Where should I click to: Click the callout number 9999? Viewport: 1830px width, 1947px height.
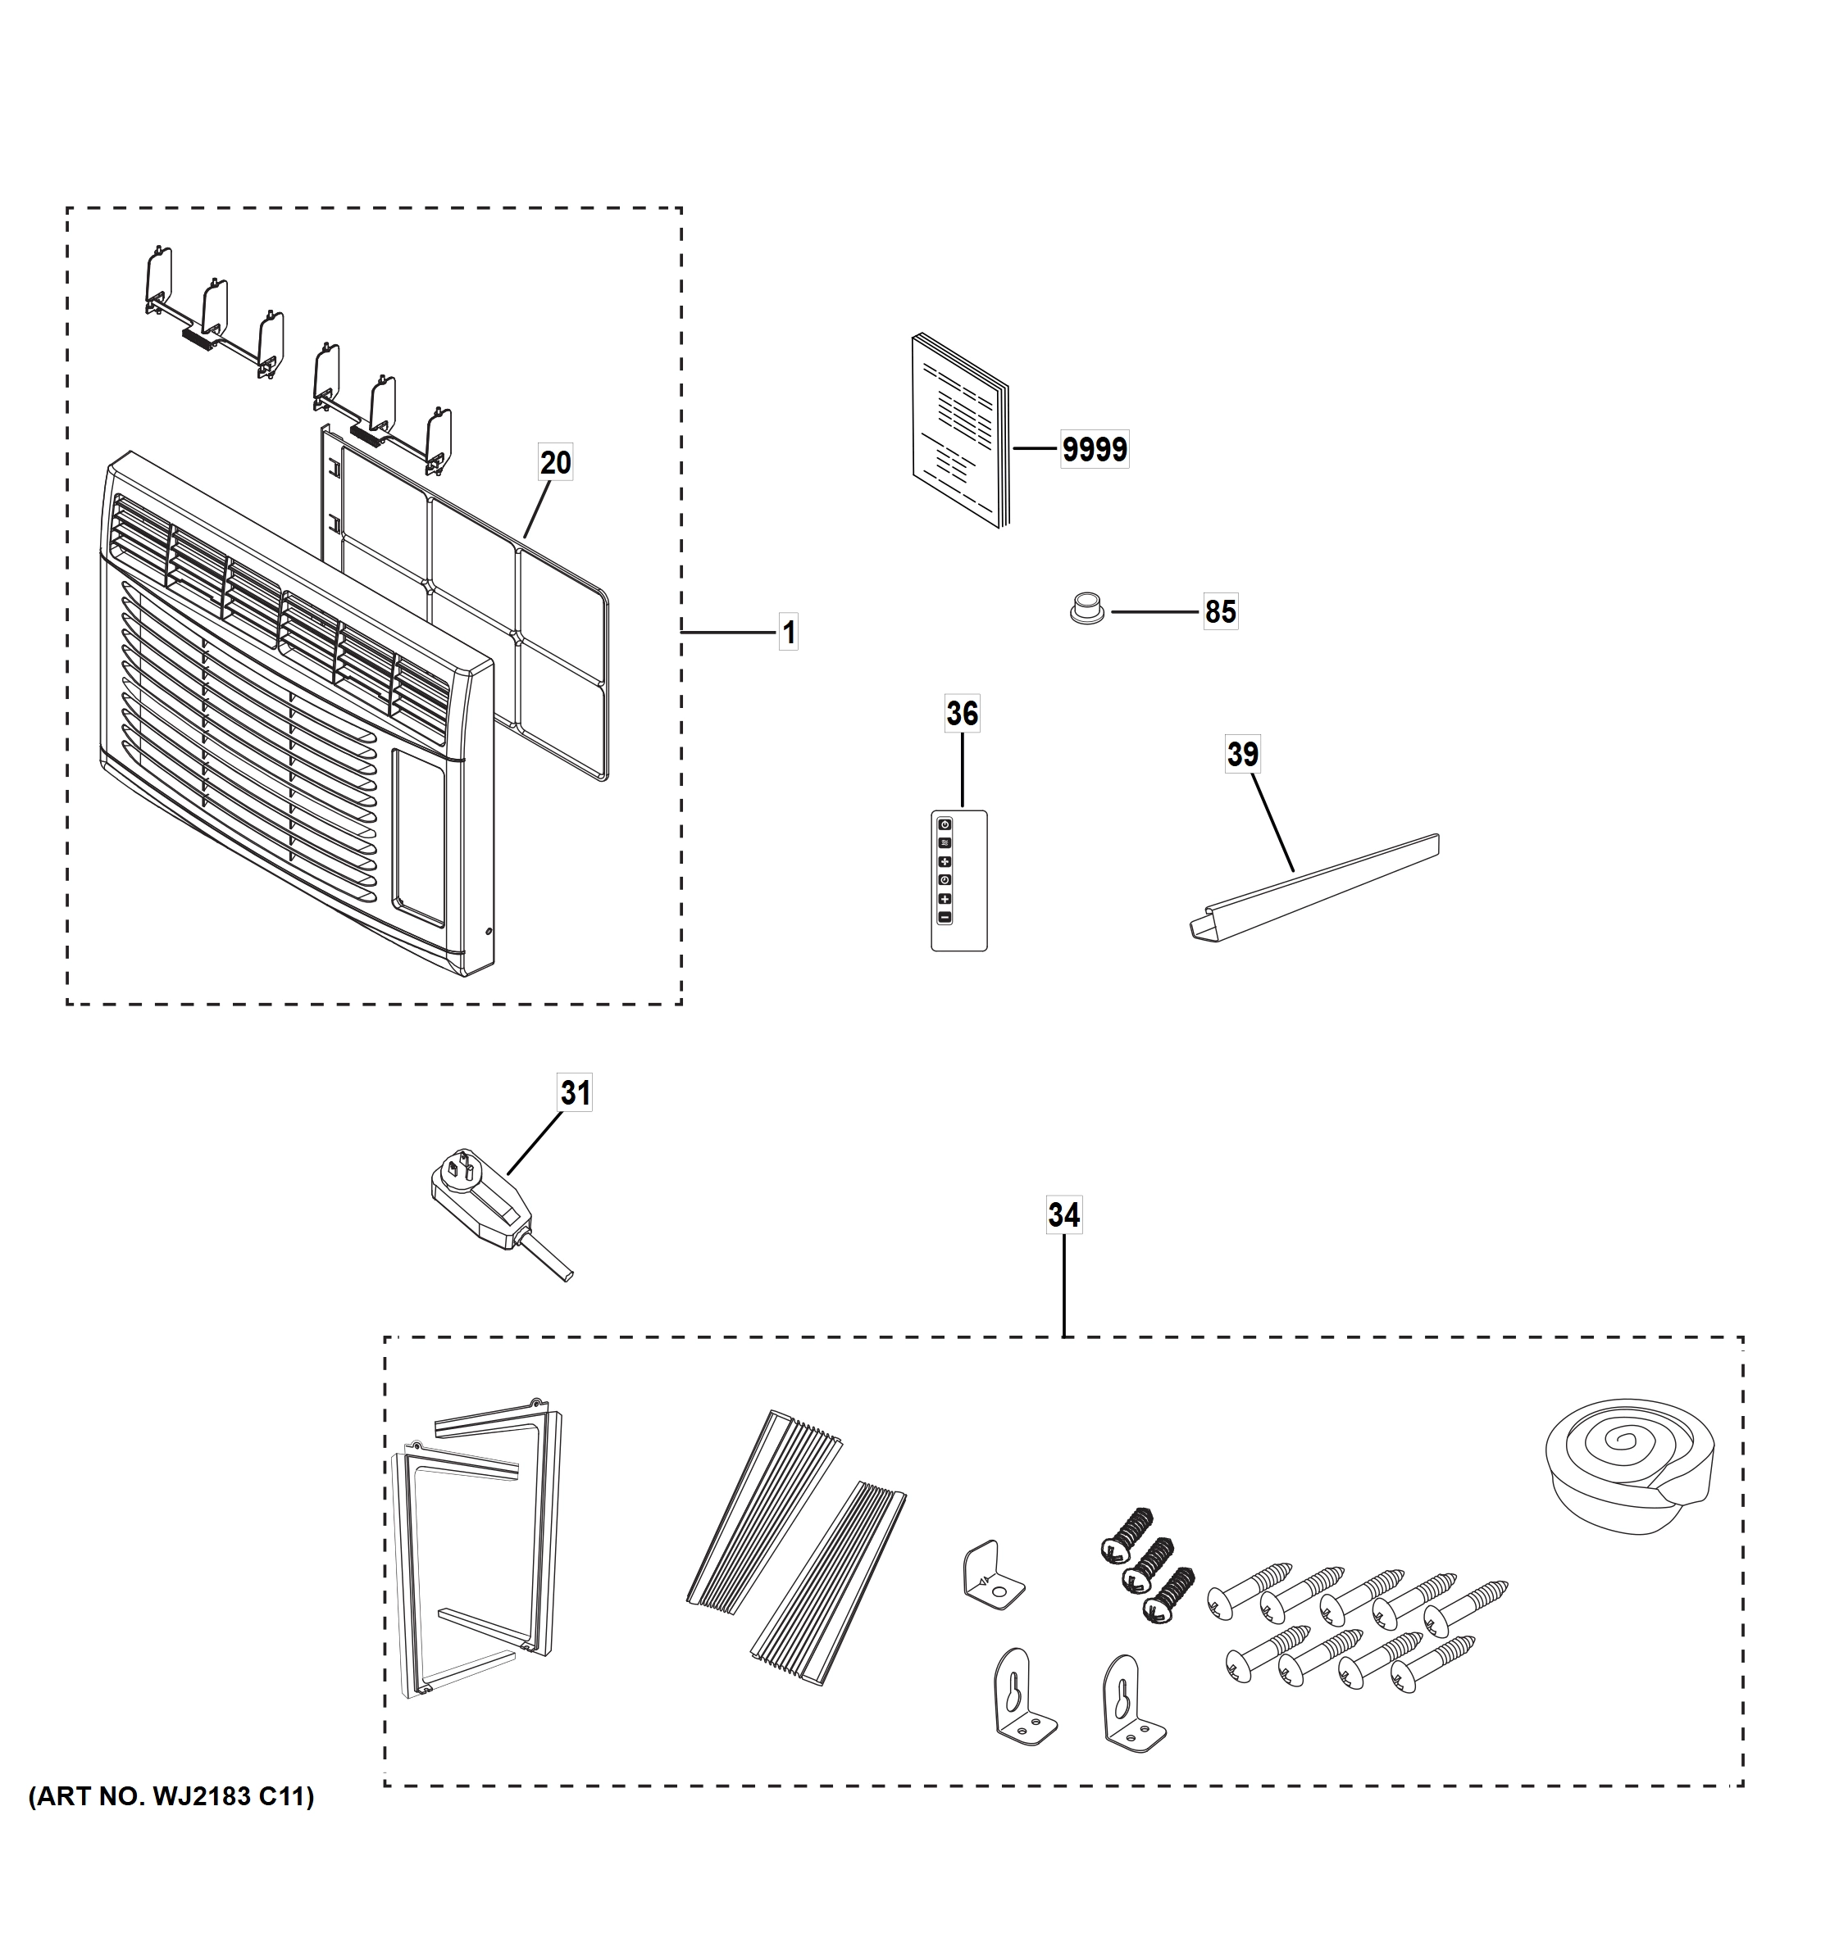click(1095, 450)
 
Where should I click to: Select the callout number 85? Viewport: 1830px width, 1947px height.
click(1220, 612)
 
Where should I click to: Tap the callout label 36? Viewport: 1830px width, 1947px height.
click(961, 714)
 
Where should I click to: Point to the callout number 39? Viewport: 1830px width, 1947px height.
click(1241, 754)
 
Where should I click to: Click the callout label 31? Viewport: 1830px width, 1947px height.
click(575, 1092)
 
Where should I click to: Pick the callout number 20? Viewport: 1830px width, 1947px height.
click(555, 462)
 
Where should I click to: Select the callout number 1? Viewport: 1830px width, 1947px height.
click(789, 633)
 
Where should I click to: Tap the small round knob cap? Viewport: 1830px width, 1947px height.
click(1085, 607)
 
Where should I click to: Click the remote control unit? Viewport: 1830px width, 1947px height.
click(958, 880)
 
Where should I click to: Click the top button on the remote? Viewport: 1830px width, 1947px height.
click(945, 824)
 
